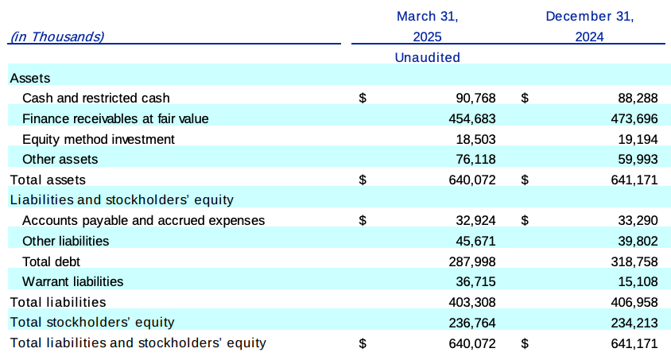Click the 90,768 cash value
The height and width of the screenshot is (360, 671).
tap(475, 99)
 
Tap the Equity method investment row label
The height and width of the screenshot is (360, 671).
tap(99, 139)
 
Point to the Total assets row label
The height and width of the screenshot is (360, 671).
tap(47, 180)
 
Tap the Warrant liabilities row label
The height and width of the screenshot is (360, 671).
tap(73, 281)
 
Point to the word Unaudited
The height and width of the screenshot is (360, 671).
tap(427, 57)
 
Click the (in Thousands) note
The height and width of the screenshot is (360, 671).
tap(56, 37)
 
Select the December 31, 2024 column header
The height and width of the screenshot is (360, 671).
tap(589, 26)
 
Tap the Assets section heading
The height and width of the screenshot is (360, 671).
tap(29, 78)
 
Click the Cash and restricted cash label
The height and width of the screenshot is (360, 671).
tap(96, 99)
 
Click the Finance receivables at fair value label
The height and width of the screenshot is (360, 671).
tap(115, 119)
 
